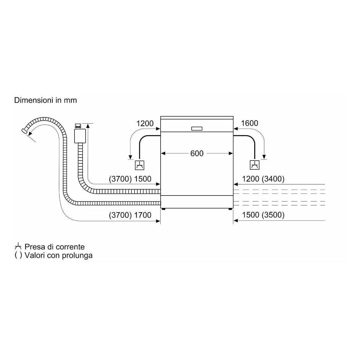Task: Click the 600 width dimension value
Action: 197,154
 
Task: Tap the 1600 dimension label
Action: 250,123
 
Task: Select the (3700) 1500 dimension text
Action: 130,179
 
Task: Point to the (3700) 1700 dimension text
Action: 130,215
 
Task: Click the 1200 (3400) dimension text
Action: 263,179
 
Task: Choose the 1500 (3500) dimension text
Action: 263,215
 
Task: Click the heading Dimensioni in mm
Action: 46,100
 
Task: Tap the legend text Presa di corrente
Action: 55,247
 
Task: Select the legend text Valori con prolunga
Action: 58,255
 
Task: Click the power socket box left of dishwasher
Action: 140,165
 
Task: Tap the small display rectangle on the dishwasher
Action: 197,128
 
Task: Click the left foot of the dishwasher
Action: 164,209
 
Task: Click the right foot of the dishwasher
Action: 230,209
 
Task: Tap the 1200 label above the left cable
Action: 145,124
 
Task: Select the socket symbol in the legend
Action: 18,247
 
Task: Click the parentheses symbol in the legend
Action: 18,255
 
